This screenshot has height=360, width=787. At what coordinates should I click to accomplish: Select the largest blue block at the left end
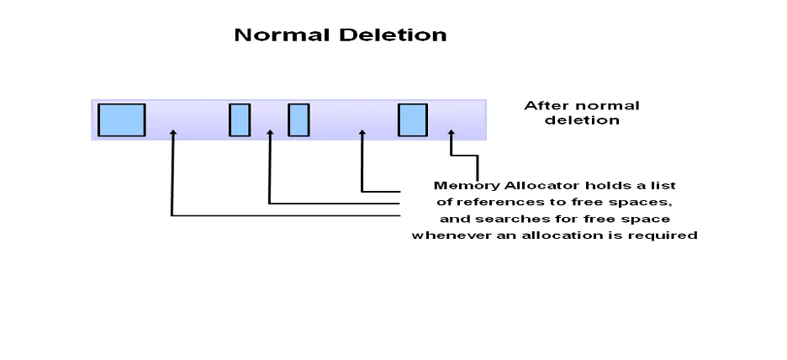[122, 119]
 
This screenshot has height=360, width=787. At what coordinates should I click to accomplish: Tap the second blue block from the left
[240, 119]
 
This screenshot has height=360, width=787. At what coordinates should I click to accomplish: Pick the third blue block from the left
[298, 119]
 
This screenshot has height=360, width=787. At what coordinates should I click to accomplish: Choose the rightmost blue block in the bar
[412, 119]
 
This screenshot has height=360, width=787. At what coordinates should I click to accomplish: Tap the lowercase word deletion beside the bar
[582, 120]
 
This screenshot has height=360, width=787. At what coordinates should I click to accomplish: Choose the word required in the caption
[668, 236]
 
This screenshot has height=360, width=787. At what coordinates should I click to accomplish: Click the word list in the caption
[665, 185]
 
